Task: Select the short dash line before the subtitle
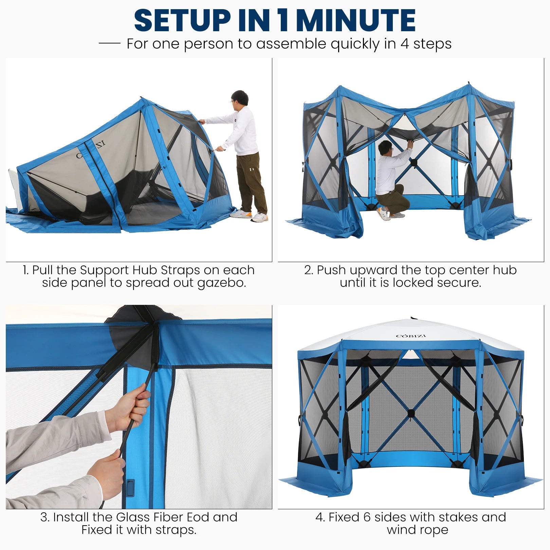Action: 109,43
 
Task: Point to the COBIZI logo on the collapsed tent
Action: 91,149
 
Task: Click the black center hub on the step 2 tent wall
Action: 414,163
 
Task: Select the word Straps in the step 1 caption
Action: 180,270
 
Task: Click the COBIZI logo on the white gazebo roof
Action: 410,336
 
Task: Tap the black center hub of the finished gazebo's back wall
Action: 411,413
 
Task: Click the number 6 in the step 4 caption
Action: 367,517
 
